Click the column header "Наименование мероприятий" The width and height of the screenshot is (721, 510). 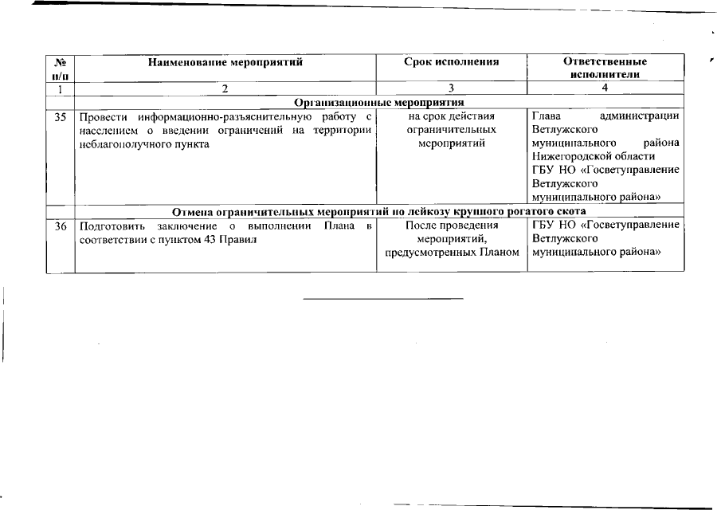tap(226, 61)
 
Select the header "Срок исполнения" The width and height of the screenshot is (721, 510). tap(451, 61)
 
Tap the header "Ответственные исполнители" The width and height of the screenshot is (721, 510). tap(605, 67)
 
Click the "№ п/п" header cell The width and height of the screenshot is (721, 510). tap(60, 67)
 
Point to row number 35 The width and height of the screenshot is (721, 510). tap(60, 116)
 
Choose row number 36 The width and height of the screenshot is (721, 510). tap(60, 226)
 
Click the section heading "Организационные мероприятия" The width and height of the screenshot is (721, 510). tap(379, 102)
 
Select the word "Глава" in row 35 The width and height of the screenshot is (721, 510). tap(546, 116)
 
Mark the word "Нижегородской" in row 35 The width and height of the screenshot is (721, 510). tap(569, 157)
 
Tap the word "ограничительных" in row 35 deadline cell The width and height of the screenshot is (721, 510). tap(451, 130)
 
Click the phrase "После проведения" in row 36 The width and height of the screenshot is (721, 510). tap(451, 226)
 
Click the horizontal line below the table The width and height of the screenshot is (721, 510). tap(383, 300)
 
